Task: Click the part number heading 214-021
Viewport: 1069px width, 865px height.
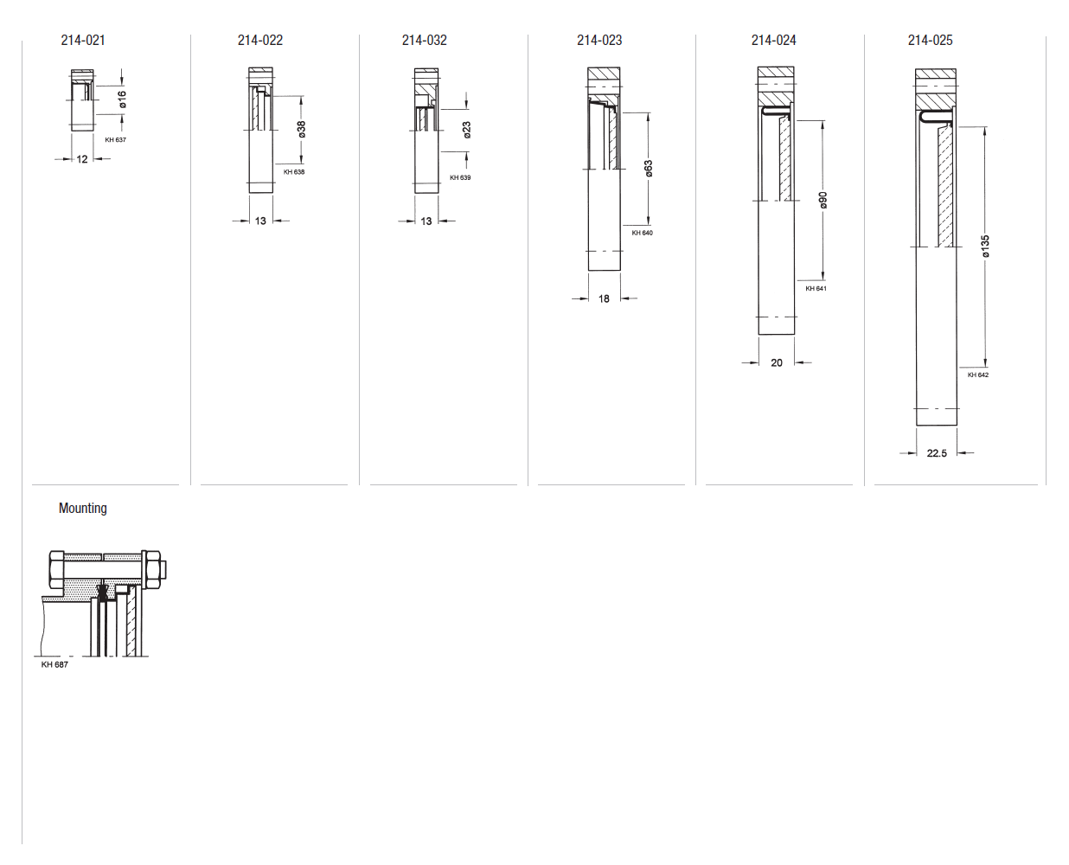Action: [x=83, y=40]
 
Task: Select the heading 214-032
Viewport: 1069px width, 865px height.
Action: [x=424, y=40]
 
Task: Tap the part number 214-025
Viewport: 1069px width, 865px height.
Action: [x=930, y=40]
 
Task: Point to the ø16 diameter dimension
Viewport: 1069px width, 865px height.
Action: [x=123, y=99]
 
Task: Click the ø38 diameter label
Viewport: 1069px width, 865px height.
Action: [x=301, y=129]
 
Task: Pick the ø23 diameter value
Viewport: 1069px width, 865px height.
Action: [x=467, y=130]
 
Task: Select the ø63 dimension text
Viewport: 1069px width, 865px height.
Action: [x=649, y=168]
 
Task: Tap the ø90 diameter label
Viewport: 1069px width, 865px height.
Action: [x=823, y=200]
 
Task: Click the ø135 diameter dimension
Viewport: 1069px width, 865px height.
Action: [x=985, y=246]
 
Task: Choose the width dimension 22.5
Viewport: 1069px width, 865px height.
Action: [x=937, y=453]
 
